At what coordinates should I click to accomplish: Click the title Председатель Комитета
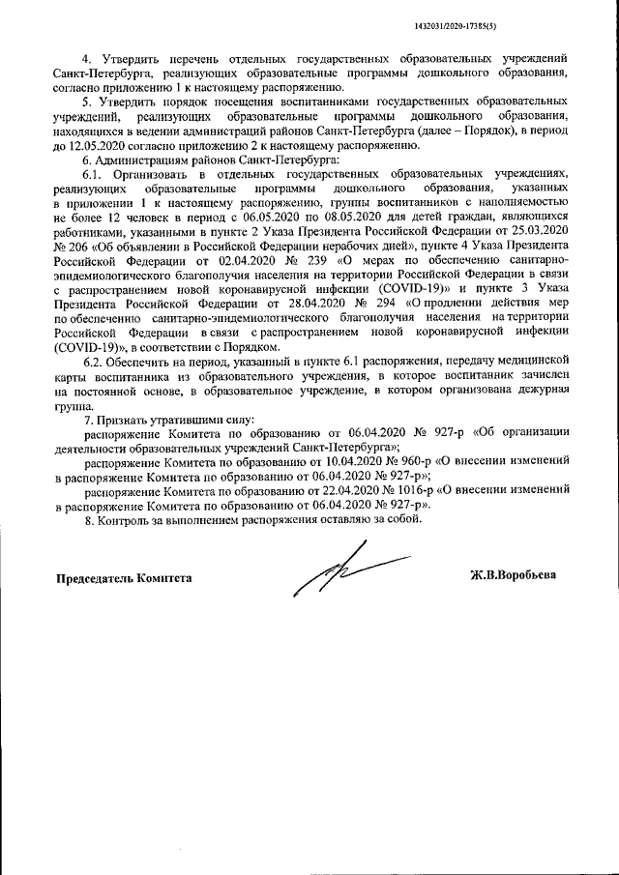point(122,578)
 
